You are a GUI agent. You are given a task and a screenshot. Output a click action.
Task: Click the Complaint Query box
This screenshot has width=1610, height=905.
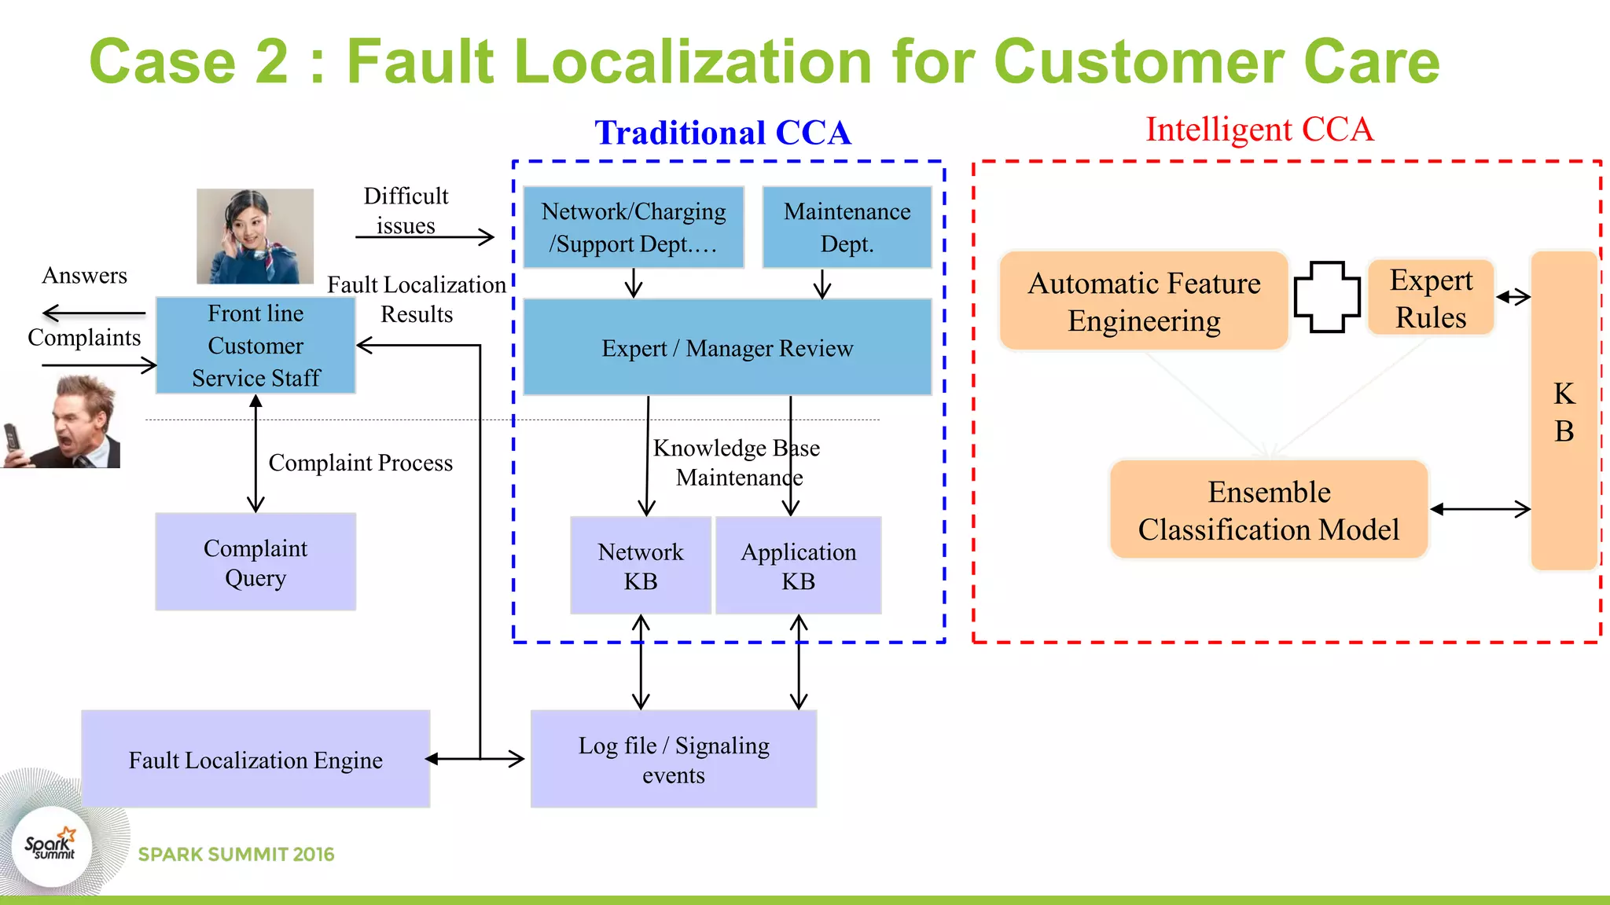point(255,562)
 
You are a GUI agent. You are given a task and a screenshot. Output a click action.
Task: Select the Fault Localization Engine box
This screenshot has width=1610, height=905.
point(255,759)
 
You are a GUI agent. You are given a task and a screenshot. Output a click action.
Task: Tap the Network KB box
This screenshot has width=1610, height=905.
point(641,566)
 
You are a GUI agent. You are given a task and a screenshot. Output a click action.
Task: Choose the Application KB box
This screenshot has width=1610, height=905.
point(798,566)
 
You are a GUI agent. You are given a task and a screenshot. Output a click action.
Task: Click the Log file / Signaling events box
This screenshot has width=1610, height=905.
point(674,759)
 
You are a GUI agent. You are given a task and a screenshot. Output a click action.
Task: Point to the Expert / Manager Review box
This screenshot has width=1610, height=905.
point(727,347)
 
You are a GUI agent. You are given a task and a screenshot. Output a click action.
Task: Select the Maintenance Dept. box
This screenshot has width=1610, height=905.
point(847,227)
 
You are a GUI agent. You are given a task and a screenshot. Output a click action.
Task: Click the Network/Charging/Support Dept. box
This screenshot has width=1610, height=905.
point(634,227)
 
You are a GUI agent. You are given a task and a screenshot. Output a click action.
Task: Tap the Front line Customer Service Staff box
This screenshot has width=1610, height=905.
point(255,346)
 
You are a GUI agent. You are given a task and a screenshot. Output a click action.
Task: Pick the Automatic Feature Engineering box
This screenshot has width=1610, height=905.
point(1144,301)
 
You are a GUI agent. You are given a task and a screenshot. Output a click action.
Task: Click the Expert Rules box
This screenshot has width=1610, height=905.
point(1431,299)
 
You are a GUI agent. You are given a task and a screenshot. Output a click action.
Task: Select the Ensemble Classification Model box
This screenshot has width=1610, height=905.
point(1269,510)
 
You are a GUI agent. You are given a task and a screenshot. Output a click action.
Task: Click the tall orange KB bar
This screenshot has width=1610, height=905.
point(1564,411)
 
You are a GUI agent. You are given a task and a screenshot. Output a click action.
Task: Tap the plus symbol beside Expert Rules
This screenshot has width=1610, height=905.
point(1327,297)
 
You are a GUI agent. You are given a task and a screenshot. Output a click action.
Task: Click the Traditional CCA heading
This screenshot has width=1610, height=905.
point(722,132)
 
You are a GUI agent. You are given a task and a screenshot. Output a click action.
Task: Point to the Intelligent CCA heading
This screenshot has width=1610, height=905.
point(1259,129)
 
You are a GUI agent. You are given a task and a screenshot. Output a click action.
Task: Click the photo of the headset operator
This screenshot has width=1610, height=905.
point(255,236)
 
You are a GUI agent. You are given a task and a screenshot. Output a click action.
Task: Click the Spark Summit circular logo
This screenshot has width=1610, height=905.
point(52,847)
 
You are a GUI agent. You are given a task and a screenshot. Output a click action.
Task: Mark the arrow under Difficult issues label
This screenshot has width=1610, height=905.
point(425,236)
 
